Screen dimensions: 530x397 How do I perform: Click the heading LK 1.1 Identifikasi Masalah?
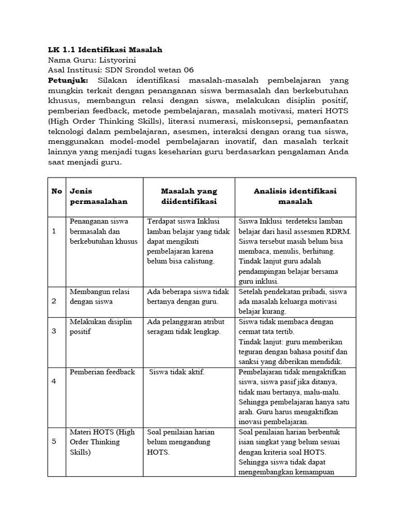(105, 50)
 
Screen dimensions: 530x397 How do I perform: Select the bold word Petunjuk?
(68, 81)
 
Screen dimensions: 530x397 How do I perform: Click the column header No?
(57, 192)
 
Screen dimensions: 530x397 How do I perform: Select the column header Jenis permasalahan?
(98, 196)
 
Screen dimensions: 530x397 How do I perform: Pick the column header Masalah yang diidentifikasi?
(189, 196)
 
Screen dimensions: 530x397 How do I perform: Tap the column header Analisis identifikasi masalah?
(295, 196)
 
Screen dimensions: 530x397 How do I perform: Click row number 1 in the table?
(54, 231)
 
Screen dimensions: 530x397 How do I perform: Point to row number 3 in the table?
(54, 331)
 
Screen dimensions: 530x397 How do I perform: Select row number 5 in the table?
(54, 442)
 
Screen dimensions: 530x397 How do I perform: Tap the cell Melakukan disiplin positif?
(101, 327)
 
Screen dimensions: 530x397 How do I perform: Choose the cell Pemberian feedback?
(102, 372)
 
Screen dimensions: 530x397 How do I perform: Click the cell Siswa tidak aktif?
(176, 372)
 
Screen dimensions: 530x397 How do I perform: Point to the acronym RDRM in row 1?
(338, 231)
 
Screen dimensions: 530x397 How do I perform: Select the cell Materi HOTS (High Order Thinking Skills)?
(102, 442)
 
